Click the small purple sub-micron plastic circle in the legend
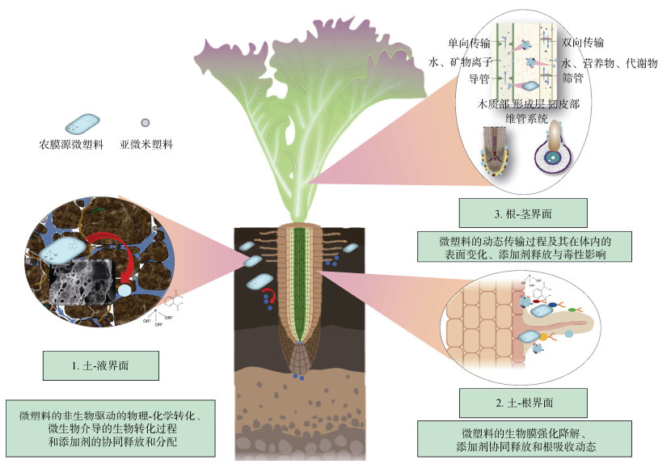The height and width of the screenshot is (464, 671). [x=145, y=123]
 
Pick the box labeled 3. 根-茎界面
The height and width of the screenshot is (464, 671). [x=523, y=214]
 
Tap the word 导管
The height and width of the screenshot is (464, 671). [x=481, y=79]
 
